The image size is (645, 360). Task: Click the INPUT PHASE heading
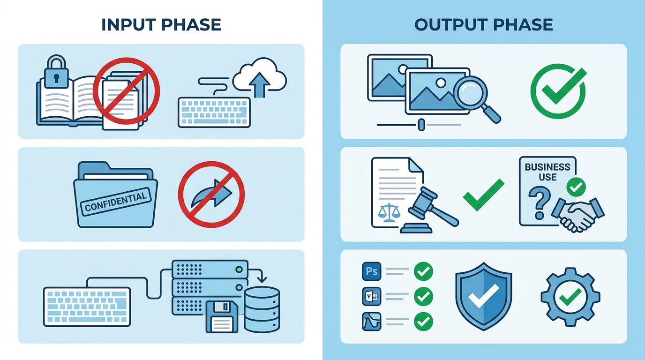pos(161,24)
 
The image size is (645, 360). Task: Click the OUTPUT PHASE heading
pos(483,24)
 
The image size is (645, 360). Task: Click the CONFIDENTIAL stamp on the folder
pos(116,201)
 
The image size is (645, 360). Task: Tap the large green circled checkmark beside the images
pos(558,91)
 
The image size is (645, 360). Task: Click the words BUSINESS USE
pos(547,172)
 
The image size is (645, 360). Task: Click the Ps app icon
pos(371,271)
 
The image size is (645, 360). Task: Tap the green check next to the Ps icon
pos(423,271)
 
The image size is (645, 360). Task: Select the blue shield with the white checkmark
pos(484,296)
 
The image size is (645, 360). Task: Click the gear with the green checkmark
pos(570,297)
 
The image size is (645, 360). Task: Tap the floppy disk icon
pos(222,317)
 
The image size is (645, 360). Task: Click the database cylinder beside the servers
pos(262,309)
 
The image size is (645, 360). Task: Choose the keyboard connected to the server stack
pos(87,307)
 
